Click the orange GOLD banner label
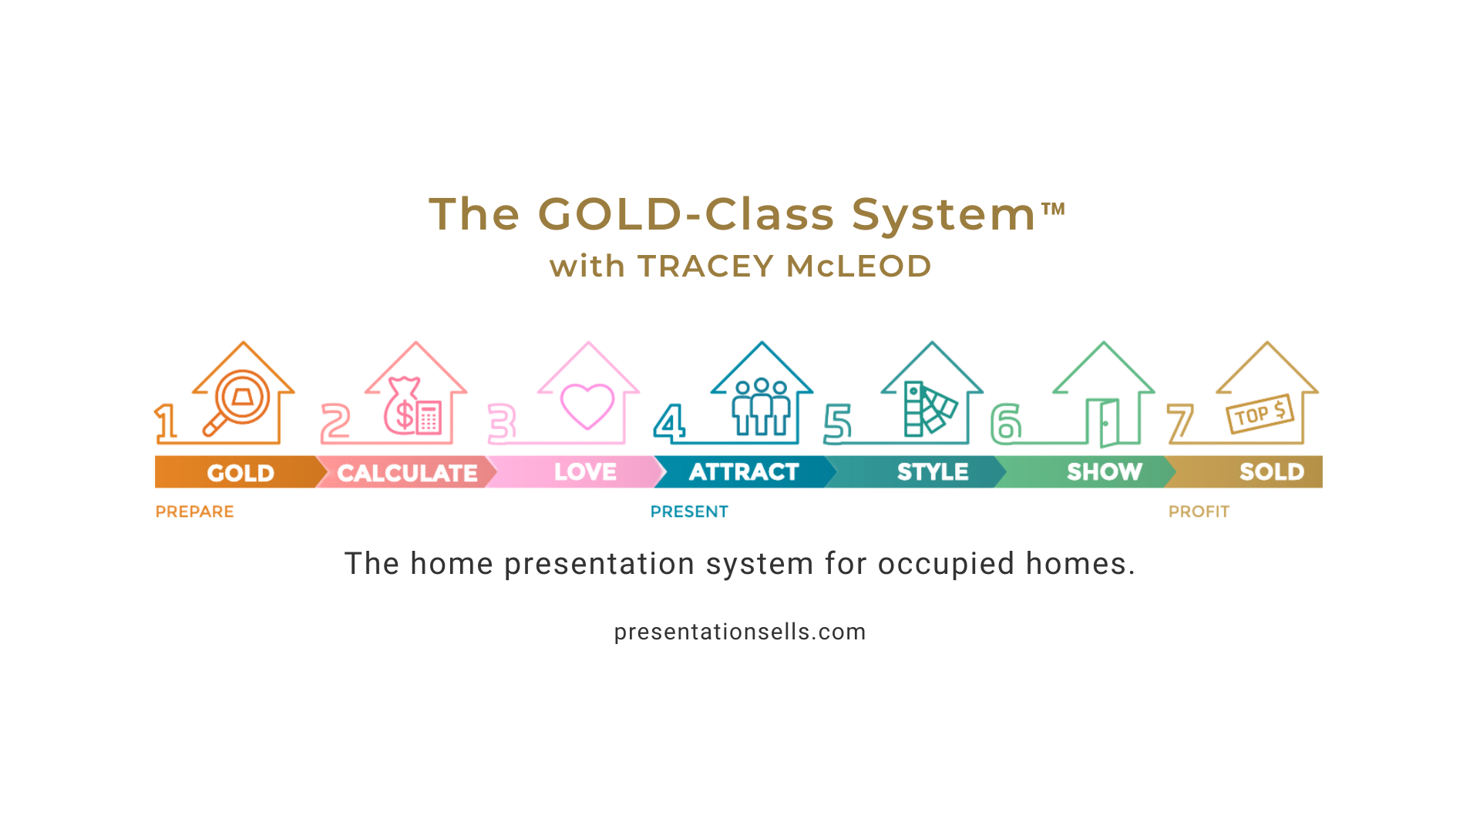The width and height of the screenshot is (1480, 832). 240,473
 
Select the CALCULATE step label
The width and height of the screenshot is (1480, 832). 407,473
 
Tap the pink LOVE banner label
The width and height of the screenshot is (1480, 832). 585,471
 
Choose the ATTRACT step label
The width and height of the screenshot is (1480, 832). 744,471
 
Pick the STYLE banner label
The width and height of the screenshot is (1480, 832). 933,471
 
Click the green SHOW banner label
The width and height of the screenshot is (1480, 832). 1105,471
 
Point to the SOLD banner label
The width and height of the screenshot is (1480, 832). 1272,471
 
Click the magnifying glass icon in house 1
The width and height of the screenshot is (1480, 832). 236,404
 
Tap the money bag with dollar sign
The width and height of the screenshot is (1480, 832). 402,406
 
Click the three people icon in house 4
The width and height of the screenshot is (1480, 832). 761,407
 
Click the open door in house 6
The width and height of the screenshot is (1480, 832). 1103,423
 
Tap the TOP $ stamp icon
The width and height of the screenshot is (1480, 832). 1260,414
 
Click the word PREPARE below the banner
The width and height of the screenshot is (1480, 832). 194,512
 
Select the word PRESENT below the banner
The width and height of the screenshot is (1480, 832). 689,512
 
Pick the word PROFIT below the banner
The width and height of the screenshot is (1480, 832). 1199,512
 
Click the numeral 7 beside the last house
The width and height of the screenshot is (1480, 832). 1180,424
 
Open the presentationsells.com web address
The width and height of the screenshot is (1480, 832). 740,632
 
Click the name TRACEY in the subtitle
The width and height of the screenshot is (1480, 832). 706,267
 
